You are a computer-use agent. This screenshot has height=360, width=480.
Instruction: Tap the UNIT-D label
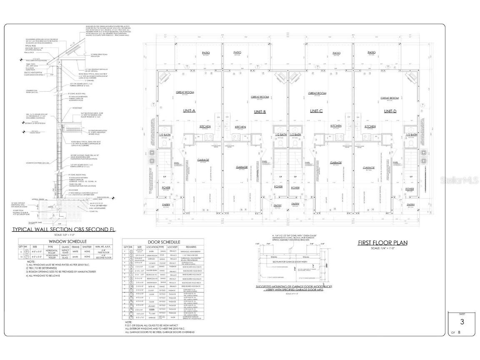390,111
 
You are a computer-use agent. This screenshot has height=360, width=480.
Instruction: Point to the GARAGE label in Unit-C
336,162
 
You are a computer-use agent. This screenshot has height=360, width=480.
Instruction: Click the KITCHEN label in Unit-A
205,126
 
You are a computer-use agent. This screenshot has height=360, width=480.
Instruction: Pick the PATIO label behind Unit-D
371,53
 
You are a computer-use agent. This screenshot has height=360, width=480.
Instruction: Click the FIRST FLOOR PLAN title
383,242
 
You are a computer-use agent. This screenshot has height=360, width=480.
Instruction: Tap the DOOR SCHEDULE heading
164,242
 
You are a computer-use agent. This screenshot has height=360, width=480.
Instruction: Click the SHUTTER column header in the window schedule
87,247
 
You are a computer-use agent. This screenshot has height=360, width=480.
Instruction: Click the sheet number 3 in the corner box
462,322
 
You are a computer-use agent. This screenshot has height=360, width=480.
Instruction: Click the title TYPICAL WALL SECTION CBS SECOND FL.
65,230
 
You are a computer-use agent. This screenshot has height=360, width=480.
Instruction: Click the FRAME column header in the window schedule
75,247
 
